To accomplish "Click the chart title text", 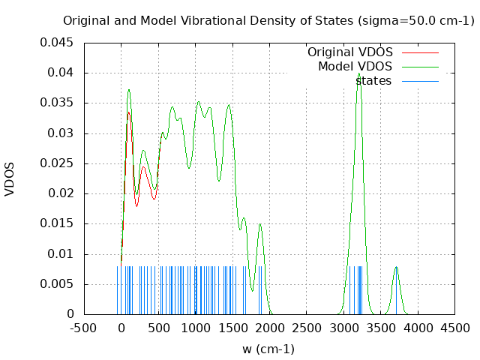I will point(268,21).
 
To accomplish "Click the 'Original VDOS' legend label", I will point(349,52).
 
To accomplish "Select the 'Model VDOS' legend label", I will point(355,67).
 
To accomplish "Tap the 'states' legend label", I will point(373,80).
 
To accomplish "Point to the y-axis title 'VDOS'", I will point(10,179).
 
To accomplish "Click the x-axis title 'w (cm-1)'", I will point(268,349).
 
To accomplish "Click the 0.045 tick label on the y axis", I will point(57,43).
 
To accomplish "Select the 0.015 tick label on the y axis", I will point(57,223).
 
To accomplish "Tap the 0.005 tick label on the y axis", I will point(57,284).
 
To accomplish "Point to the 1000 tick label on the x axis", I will point(195,328).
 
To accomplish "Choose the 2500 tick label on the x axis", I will point(307,328).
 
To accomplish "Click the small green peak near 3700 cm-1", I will point(396,268).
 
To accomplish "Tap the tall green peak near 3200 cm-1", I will point(359,74).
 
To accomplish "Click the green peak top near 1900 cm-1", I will point(260,224).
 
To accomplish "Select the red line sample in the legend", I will point(420,52).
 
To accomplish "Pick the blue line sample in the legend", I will point(420,80).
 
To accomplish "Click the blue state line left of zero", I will point(117,289).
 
